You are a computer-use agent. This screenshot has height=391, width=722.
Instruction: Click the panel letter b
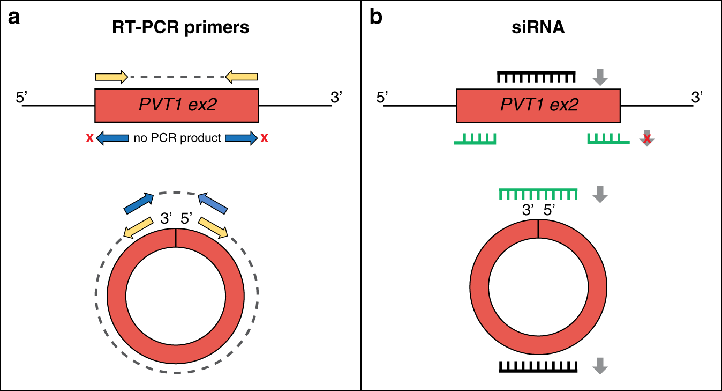tap(377, 18)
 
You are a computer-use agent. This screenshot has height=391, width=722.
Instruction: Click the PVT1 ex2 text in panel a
tap(177, 105)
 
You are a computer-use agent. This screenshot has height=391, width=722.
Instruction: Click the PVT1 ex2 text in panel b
tap(539, 105)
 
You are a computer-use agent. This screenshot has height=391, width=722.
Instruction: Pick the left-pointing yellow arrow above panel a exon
tap(242, 77)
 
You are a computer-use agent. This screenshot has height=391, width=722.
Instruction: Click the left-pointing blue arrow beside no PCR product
tap(112, 138)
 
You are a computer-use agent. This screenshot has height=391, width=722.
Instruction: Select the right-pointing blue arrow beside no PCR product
tap(241, 138)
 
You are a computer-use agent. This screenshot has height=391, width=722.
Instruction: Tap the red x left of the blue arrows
tap(89, 138)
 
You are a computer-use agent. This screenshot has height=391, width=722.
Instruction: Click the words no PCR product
tap(177, 138)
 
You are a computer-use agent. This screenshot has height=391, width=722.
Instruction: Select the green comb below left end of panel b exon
tap(475, 139)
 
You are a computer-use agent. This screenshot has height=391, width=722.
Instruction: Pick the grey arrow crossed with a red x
tap(648, 138)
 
